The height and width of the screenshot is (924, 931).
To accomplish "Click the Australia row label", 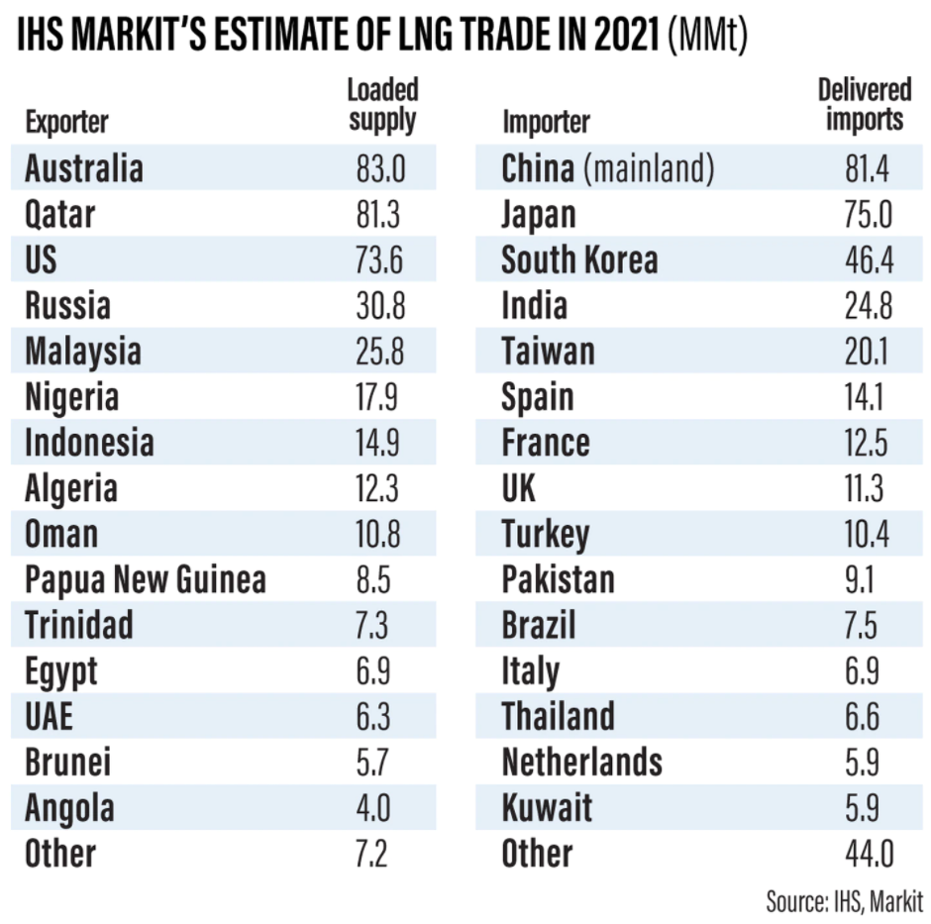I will coord(83,167).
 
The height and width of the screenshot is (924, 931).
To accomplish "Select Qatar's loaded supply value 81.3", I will coord(380,213).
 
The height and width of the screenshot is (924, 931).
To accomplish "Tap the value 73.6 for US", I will coord(380,259).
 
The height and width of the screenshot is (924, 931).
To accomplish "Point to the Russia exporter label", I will coord(66,305).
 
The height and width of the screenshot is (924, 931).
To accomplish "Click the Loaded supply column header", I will coord(382,105).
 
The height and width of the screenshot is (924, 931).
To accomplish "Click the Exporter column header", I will coord(66,122).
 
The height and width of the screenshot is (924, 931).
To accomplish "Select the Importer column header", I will coord(546,122).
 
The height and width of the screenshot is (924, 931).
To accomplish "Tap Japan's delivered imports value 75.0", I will coord(865,213).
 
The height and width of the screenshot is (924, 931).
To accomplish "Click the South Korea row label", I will coord(578,259).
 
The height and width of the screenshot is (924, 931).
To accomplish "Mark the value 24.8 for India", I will coord(865,305).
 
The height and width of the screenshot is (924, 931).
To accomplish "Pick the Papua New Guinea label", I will coord(145,579).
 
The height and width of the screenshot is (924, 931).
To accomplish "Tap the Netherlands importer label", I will coord(581,763).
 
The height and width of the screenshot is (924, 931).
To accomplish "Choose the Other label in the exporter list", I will coord(60,854).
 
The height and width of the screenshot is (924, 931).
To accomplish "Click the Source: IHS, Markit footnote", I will coord(844,902).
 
